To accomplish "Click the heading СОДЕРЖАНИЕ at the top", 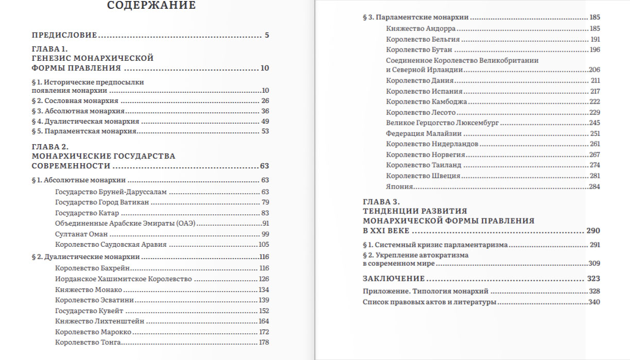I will click(x=151, y=6).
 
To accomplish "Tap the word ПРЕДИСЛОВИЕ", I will click(x=64, y=36).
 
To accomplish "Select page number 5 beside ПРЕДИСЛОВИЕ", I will click(x=267, y=36).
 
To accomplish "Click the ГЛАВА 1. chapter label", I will click(x=49, y=49).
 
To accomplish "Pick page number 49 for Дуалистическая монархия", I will click(x=265, y=122).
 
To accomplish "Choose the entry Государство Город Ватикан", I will click(x=102, y=202).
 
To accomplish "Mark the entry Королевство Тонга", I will click(x=84, y=342).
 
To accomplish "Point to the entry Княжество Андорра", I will click(x=421, y=29).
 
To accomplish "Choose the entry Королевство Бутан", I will click(x=419, y=49).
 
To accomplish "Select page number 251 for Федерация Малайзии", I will click(x=595, y=133).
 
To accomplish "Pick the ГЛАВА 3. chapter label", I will click(x=381, y=202).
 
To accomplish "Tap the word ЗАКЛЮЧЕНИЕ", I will click(x=394, y=279).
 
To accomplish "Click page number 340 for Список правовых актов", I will click(x=594, y=302).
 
